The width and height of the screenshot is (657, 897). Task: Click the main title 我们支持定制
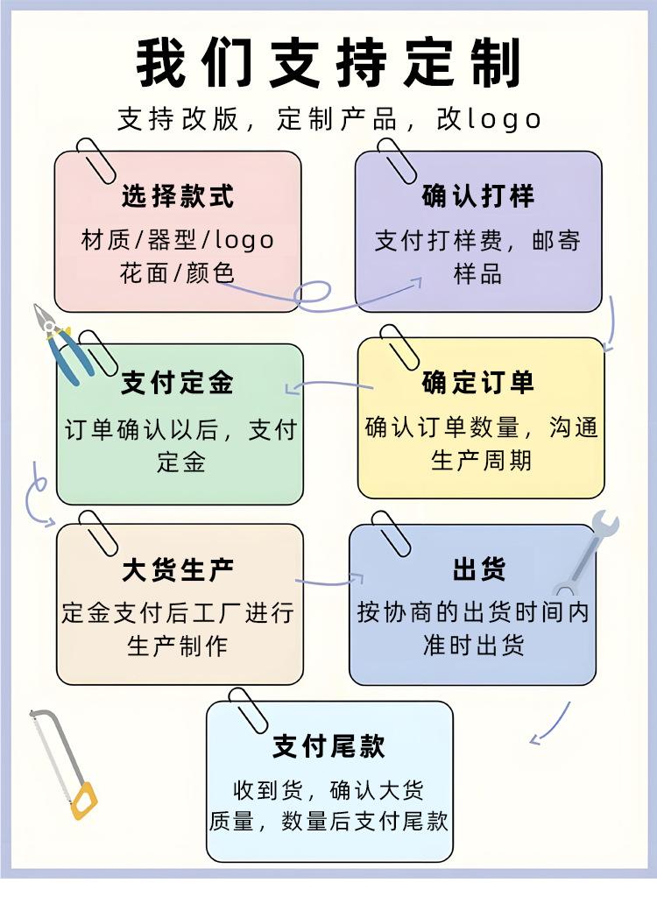tap(328, 62)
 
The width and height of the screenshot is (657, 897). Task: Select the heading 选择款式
tap(178, 196)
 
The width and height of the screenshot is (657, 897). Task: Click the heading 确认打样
tap(477, 196)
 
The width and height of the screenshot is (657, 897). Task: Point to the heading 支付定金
tap(178, 383)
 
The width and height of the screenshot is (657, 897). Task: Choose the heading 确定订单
tap(477, 383)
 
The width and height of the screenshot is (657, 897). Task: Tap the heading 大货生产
tap(178, 571)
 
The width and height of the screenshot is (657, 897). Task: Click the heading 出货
tap(478, 571)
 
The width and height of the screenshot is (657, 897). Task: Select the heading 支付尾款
tap(328, 746)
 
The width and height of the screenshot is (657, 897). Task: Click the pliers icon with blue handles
tap(60, 341)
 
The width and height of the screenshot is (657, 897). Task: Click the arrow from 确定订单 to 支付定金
tap(328, 385)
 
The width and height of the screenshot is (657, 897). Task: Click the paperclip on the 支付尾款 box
tap(246, 710)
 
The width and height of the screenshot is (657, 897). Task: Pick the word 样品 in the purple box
tap(477, 273)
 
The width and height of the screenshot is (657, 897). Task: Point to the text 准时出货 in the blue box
tap(473, 646)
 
